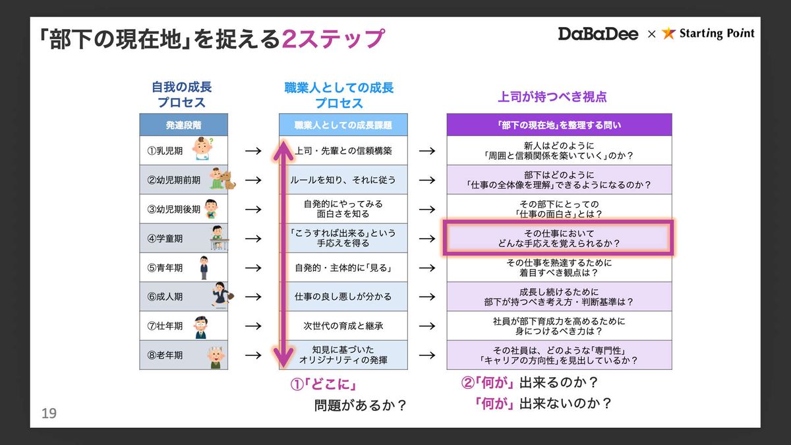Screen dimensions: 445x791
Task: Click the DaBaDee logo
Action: (598, 34)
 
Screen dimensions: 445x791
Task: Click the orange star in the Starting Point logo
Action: (669, 34)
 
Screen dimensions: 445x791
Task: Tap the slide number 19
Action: (49, 413)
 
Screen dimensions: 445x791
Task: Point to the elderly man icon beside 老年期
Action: (215, 356)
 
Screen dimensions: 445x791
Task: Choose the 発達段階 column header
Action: (183, 125)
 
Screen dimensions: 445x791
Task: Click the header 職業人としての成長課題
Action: (343, 125)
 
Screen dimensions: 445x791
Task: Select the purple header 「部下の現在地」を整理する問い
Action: (559, 125)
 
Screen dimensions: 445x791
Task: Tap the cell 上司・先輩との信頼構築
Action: (343, 151)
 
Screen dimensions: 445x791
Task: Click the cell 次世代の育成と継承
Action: (343, 326)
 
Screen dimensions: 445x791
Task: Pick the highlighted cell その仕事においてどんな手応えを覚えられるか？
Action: (558, 238)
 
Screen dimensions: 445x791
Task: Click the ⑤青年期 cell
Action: (165, 268)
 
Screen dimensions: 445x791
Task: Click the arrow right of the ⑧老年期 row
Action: (253, 355)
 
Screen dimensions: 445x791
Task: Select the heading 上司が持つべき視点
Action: (552, 97)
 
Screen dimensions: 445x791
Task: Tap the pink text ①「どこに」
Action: (327, 384)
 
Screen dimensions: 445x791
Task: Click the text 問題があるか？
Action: (360, 405)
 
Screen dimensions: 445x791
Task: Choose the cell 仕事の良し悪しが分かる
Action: (343, 297)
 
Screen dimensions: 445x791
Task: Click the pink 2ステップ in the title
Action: (332, 39)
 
